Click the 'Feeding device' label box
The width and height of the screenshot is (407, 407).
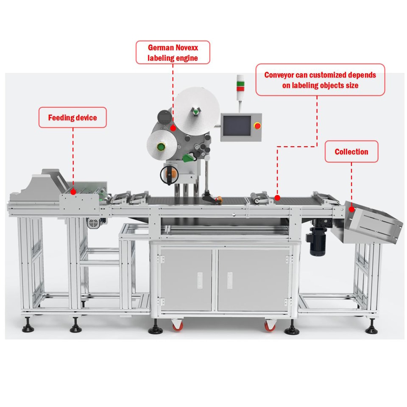[72, 117]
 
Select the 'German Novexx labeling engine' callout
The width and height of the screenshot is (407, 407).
[173, 53]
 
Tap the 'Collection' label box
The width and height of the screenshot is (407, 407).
[351, 152]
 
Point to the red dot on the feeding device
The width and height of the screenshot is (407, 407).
[73, 192]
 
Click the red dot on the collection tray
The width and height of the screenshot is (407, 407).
[352, 209]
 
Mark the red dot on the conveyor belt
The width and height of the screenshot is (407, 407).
[277, 198]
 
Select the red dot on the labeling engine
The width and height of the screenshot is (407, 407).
[173, 128]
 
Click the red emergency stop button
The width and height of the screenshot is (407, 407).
[257, 126]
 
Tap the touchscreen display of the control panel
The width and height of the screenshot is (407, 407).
[237, 126]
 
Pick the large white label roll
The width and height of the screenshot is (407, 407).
[196, 111]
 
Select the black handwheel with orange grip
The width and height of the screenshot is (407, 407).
[169, 174]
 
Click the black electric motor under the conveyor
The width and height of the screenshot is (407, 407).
[318, 241]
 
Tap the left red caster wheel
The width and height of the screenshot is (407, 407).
[178, 325]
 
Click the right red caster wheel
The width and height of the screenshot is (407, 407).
[270, 326]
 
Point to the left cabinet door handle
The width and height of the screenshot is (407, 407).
[200, 280]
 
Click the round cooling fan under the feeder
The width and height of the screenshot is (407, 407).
[94, 223]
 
